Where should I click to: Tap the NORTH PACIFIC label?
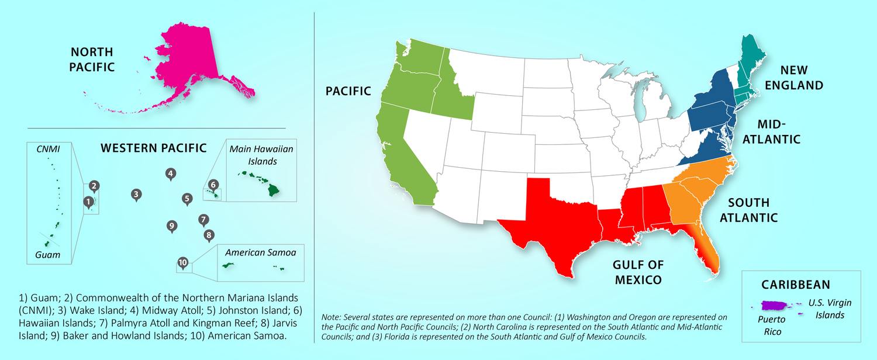(92, 60)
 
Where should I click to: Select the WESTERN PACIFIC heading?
(154, 148)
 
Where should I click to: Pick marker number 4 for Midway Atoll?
(170, 174)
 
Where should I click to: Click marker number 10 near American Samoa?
(183, 264)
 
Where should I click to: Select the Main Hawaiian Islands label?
(261, 155)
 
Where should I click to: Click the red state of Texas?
(550, 228)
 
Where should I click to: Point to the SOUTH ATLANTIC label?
(748, 210)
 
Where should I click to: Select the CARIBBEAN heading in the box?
(795, 285)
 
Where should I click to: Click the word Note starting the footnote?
(332, 317)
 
